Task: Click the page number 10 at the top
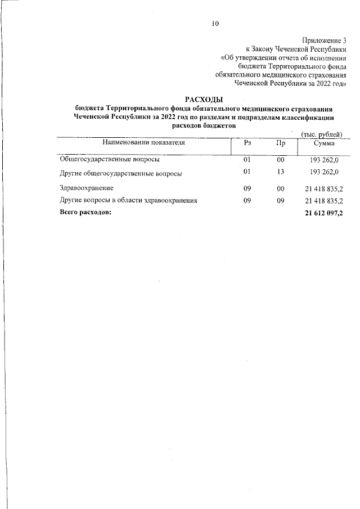[x=215, y=24]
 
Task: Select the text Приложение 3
[x=323, y=40]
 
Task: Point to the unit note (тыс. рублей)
[x=322, y=133]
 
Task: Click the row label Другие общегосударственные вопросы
[x=120, y=174]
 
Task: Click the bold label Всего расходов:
[x=86, y=213]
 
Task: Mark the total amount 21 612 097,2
[x=323, y=213]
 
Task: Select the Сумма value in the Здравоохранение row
[x=323, y=187]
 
